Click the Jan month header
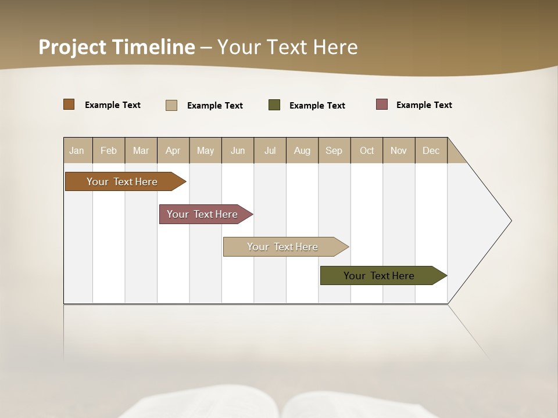pyautogui.click(x=77, y=150)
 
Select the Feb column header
pyautogui.click(x=109, y=150)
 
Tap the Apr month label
pyautogui.click(x=173, y=150)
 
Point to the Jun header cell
pyautogui.click(x=238, y=150)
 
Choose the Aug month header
pyautogui.click(x=302, y=150)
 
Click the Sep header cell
pyautogui.click(x=334, y=150)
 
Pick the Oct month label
pyautogui.click(x=367, y=150)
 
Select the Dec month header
pyautogui.click(x=431, y=150)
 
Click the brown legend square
pyautogui.click(x=69, y=105)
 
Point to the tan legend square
pyautogui.click(x=171, y=105)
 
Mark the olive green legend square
pyautogui.click(x=274, y=105)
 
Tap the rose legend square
pyautogui.click(x=382, y=105)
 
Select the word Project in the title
pyautogui.click(x=73, y=47)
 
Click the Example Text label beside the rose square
pyautogui.click(x=424, y=105)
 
